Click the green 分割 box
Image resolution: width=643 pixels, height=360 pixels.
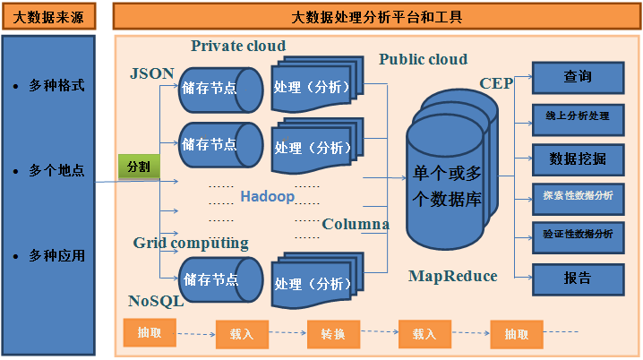[x=138, y=167]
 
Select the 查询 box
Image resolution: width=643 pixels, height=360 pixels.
[x=578, y=77]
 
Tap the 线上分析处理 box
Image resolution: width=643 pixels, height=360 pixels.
[x=578, y=117]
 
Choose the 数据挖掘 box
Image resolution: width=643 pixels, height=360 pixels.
[x=578, y=159]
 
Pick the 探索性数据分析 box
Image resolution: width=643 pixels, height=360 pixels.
[x=578, y=196]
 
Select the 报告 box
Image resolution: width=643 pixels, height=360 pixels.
[x=578, y=278]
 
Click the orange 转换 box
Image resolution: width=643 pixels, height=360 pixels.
[x=333, y=334]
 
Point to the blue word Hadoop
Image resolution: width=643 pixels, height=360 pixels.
[x=267, y=196]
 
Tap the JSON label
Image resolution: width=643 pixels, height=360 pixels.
[x=152, y=73]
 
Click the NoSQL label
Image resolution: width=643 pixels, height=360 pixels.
[x=156, y=301]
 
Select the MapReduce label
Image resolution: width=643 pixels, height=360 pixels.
[x=452, y=276]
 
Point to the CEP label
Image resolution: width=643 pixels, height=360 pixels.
[x=496, y=83]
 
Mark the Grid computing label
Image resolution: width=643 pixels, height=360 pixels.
[x=191, y=243]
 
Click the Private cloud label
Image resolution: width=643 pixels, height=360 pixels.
[x=238, y=46]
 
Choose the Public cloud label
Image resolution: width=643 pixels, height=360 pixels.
[x=423, y=60]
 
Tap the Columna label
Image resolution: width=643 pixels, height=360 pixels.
[x=356, y=224]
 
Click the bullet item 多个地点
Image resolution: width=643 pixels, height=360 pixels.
[x=56, y=170]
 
